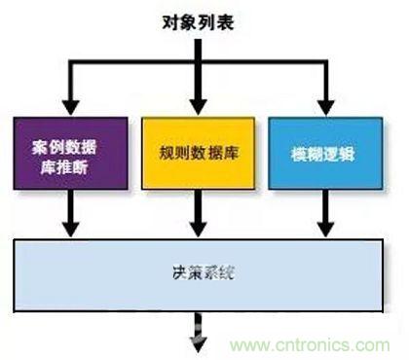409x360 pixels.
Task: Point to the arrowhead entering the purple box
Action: [x=69, y=105]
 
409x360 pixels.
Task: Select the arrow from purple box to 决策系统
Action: [x=69, y=212]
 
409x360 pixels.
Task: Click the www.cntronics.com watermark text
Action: [x=312, y=344]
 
